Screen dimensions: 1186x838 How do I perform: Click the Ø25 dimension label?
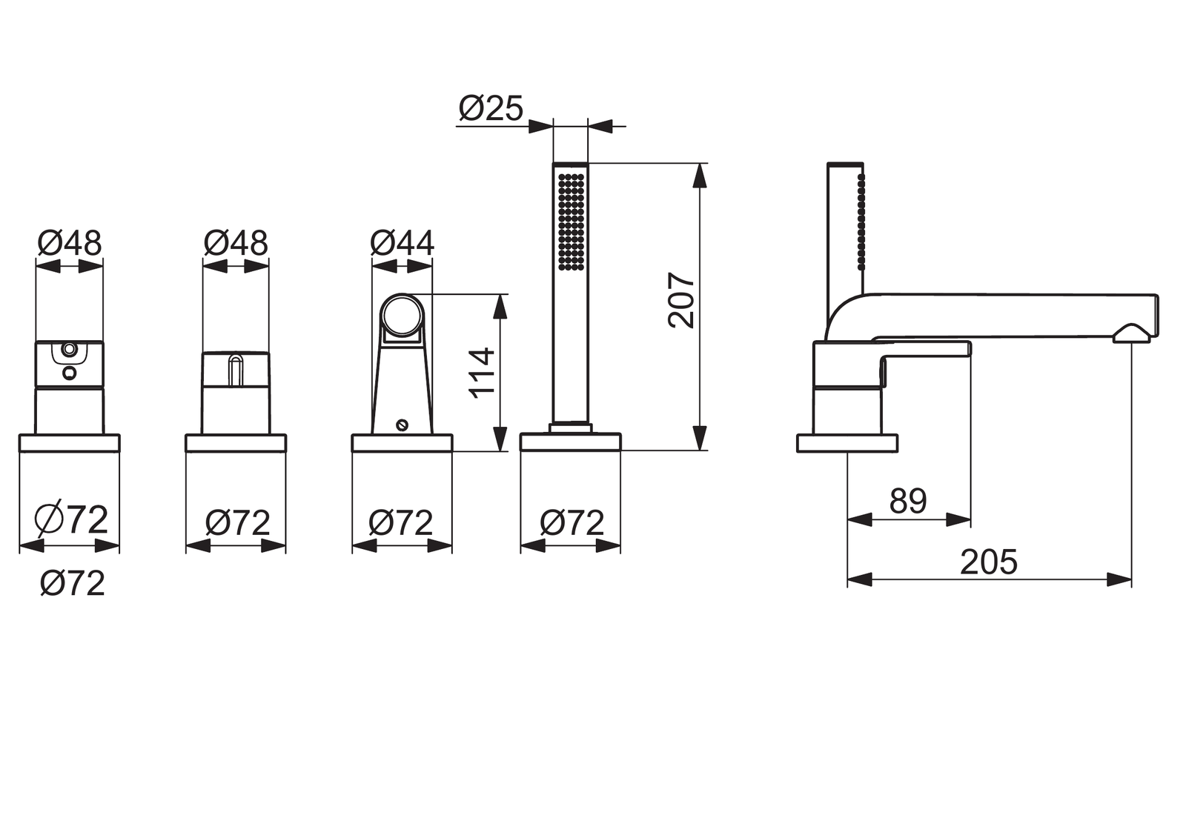point(491,109)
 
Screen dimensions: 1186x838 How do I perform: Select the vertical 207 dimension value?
point(681,300)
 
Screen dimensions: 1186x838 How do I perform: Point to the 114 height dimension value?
point(482,373)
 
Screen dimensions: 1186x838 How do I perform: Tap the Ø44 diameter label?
point(402,244)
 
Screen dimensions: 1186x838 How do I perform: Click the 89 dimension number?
point(908,501)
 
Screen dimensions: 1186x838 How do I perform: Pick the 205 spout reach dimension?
point(989,562)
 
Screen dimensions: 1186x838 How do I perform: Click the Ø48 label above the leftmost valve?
point(70,244)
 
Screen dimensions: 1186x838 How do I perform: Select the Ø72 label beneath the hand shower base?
point(572,523)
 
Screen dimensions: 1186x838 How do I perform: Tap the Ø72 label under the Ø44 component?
point(401,523)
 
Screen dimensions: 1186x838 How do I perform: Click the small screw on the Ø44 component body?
point(402,424)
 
